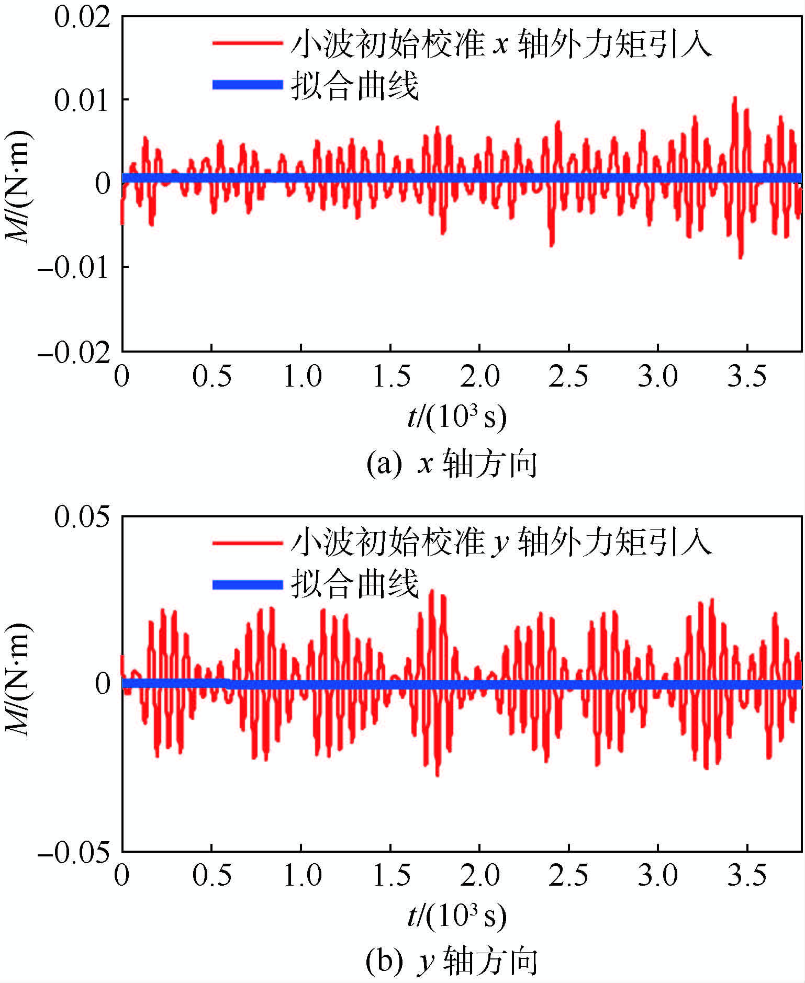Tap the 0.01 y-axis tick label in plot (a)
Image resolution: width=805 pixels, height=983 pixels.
83,99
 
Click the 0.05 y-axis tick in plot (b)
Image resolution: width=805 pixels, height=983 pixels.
83,517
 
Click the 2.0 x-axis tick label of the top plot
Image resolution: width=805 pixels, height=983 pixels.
479,376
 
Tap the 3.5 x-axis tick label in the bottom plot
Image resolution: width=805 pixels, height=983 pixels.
747,875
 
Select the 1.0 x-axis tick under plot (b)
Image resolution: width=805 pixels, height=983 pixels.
301,875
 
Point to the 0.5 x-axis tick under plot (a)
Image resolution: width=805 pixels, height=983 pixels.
212,376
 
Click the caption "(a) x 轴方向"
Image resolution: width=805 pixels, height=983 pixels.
452,464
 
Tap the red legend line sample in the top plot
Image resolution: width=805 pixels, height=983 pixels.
247,42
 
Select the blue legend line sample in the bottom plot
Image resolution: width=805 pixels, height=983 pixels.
247,584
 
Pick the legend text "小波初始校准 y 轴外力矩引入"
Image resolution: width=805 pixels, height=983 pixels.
501,541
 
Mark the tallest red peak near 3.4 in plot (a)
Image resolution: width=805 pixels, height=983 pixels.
735,98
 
